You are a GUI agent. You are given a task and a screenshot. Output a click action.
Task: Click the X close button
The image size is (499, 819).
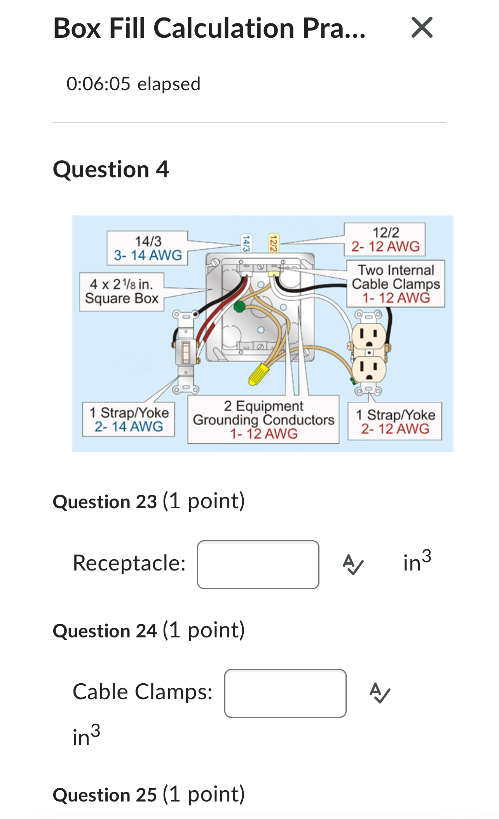click(x=422, y=28)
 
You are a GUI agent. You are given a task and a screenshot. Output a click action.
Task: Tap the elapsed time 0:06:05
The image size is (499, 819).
click(x=133, y=84)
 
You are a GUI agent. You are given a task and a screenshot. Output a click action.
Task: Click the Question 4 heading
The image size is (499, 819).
click(x=111, y=170)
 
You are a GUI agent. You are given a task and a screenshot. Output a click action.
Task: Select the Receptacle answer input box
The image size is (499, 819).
click(x=258, y=564)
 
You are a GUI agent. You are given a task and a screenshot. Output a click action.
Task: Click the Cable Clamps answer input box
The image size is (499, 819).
click(x=285, y=693)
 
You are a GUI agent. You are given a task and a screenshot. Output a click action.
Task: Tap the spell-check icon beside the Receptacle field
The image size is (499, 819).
click(x=353, y=564)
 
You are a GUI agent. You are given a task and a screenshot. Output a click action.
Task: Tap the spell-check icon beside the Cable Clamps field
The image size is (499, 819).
click(x=380, y=693)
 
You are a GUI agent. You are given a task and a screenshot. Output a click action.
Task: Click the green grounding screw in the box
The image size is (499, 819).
click(x=239, y=306)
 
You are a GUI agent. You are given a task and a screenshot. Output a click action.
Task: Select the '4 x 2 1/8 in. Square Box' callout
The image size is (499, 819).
click(x=122, y=291)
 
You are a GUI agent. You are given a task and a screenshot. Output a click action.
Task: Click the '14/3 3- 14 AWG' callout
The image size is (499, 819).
click(x=148, y=248)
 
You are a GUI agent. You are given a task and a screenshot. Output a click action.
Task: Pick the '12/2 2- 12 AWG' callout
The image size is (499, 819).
click(x=385, y=239)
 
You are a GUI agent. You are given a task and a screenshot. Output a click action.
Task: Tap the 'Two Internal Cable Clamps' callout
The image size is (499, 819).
click(x=396, y=284)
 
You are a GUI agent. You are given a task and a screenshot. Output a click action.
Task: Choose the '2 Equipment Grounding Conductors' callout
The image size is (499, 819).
click(x=263, y=420)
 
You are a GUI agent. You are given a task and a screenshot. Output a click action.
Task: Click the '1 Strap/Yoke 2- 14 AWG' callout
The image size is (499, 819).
click(x=129, y=420)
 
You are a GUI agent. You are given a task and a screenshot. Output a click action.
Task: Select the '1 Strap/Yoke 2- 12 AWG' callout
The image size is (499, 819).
click(x=395, y=422)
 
